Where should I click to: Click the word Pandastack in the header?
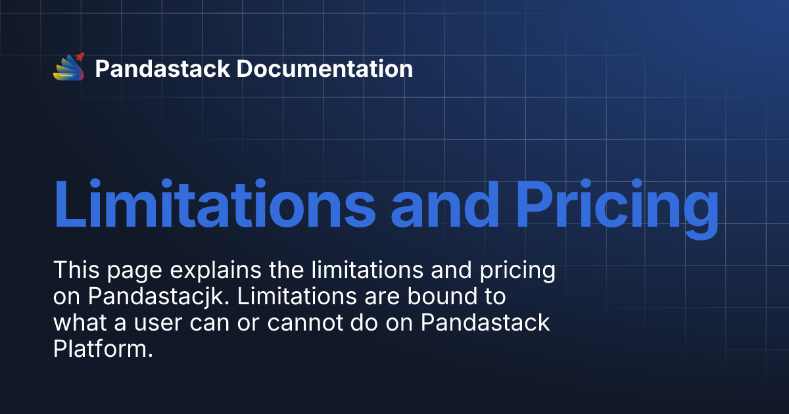click(x=162, y=68)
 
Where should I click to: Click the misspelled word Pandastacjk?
click(x=156, y=297)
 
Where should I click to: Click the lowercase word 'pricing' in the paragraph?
click(x=519, y=271)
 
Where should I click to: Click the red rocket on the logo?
click(x=80, y=58)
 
